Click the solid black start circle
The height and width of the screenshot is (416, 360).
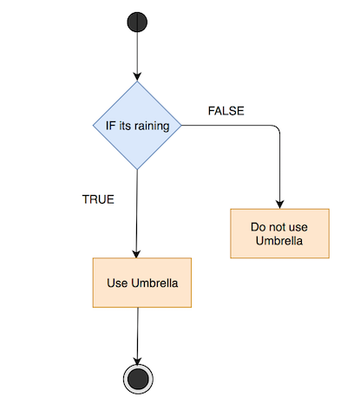137,22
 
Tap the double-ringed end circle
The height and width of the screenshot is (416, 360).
138,379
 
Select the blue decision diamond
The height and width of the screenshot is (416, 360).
137,126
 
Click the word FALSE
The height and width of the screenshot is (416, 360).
226,111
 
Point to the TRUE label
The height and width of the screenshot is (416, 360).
98,199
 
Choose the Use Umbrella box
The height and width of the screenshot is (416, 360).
142,283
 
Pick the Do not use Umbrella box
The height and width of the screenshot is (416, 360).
279,233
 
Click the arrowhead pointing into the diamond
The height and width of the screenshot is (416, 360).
137,77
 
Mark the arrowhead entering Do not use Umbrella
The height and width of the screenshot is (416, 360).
279,205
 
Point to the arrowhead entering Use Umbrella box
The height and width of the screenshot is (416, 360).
136,254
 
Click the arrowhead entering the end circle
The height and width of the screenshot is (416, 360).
137,361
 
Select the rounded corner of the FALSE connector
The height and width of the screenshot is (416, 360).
277,128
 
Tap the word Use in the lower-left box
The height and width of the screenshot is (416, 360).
117,283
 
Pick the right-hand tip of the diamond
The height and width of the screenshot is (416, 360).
181,126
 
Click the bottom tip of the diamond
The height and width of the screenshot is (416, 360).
137,170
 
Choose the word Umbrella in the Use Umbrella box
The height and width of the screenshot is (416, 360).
154,283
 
